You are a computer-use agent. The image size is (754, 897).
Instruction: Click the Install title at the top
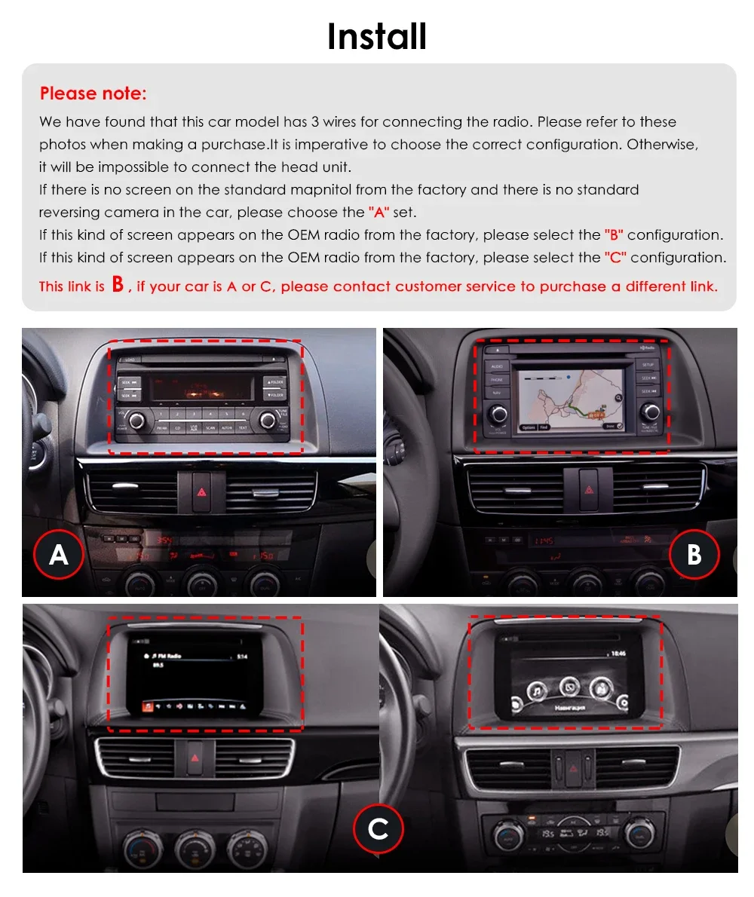tap(377, 36)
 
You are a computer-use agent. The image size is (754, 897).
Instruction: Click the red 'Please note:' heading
tap(93, 93)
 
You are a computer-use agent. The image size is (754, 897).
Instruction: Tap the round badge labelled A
tap(58, 555)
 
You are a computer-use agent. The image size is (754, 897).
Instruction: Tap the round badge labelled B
tap(694, 555)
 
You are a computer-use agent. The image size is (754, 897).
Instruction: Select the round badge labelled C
tap(378, 829)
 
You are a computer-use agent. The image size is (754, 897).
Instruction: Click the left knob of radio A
tap(136, 420)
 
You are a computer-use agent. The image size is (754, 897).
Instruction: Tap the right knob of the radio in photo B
tap(651, 412)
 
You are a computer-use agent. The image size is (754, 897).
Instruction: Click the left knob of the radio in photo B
tap(498, 412)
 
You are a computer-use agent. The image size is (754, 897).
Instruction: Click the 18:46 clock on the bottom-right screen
tap(618, 654)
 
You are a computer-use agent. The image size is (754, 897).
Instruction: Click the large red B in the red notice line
tap(117, 284)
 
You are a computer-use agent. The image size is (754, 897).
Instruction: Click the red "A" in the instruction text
tap(379, 213)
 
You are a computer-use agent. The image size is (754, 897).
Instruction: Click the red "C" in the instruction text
tap(615, 258)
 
